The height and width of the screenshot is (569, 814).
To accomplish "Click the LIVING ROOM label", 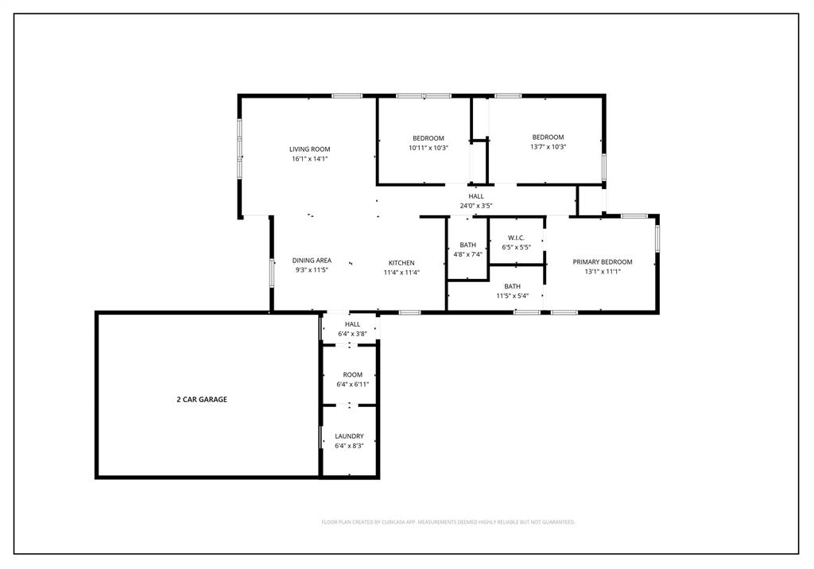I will click(x=309, y=149).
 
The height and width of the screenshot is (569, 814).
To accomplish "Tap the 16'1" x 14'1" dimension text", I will click(x=309, y=159).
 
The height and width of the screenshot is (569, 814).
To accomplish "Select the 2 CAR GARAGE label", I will click(x=201, y=400).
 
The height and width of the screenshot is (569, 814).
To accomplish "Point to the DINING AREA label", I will click(x=312, y=261).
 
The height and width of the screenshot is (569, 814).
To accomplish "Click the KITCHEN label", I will click(x=401, y=263).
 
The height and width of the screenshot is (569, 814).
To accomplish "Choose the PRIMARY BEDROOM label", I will click(x=603, y=262).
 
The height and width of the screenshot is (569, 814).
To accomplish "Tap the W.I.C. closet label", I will click(x=516, y=238).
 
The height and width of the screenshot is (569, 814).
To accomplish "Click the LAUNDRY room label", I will click(x=349, y=436).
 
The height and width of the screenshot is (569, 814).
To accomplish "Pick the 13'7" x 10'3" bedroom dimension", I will click(x=548, y=147).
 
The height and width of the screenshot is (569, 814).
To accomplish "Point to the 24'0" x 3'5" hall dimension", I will click(x=475, y=206).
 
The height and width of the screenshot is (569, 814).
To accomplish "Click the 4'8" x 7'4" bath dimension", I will click(x=467, y=254).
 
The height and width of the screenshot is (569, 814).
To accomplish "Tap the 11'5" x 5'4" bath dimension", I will click(x=512, y=296).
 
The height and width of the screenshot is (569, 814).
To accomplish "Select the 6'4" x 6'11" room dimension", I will click(x=352, y=385).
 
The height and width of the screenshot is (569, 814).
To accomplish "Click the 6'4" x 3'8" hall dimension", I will click(x=352, y=334).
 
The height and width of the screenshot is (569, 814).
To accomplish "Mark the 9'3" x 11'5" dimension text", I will click(x=312, y=270).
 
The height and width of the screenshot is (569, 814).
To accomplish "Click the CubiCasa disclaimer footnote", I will click(x=448, y=522).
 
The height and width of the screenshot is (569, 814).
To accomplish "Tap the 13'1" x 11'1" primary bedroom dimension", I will click(x=603, y=272).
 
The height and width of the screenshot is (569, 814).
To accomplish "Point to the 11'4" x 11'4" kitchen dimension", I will click(x=401, y=273).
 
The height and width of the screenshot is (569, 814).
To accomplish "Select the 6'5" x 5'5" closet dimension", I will click(x=516, y=247).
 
